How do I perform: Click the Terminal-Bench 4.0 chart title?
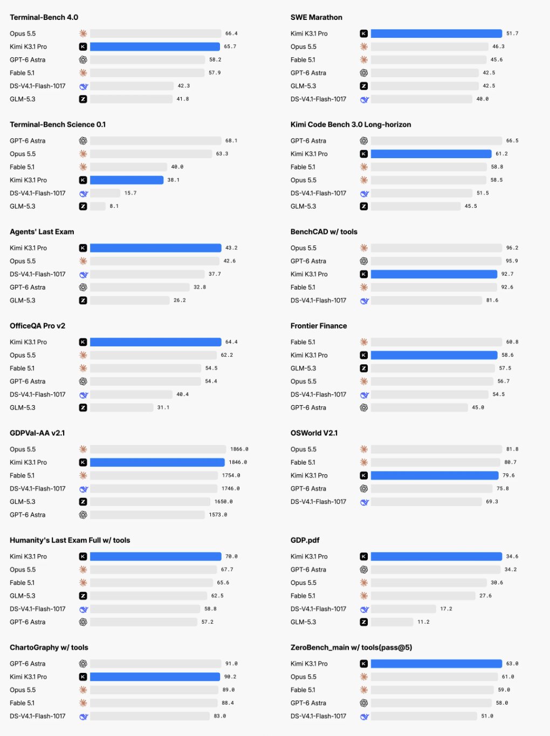tap(44, 17)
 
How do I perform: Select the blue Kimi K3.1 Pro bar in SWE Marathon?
tap(436, 33)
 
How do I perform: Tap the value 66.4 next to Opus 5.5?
tap(231, 33)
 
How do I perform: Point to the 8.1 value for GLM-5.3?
tap(114, 206)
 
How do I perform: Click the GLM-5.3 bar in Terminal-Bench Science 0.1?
tap(98, 206)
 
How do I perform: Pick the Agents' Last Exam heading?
tap(42, 231)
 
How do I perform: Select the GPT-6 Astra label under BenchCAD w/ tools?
tap(308, 261)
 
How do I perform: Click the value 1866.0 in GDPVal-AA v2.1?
tap(239, 449)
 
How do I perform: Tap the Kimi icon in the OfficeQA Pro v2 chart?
tap(83, 342)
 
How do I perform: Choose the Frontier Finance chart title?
tap(319, 326)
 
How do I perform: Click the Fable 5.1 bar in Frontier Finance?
tap(436, 342)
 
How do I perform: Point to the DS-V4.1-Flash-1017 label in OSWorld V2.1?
tap(318, 502)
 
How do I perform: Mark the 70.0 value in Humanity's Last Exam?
tap(231, 556)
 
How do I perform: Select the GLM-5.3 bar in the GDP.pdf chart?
tap(392, 622)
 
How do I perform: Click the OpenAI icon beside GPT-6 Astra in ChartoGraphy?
tap(83, 664)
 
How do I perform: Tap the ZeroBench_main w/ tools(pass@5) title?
tap(351, 648)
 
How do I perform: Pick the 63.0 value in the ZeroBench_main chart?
tap(512, 664)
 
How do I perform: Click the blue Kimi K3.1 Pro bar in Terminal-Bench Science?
tap(127, 180)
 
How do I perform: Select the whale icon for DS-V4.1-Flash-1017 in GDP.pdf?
tap(365, 609)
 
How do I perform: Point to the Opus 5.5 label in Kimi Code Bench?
tap(303, 180)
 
